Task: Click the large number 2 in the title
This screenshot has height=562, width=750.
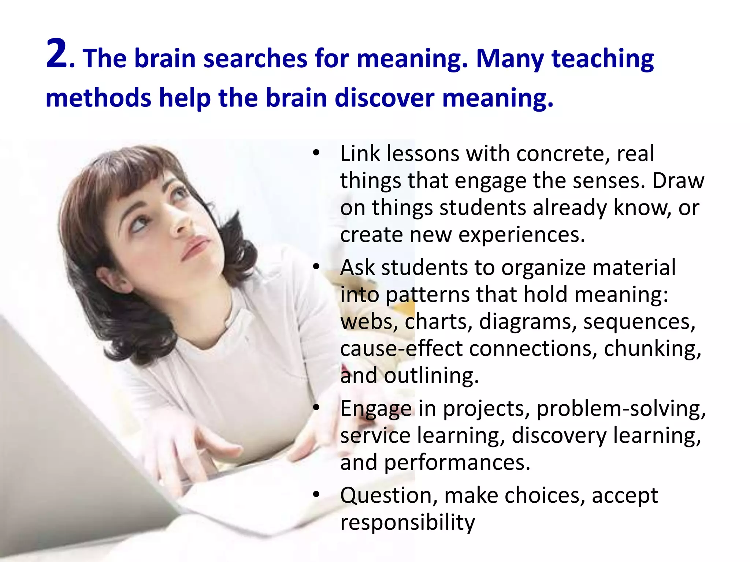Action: [57, 54]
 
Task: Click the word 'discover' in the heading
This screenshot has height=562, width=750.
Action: [385, 98]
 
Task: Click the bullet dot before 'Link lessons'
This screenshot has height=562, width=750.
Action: [316, 153]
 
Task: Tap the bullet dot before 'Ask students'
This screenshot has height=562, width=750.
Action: [316, 267]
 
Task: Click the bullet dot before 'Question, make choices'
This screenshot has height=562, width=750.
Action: [316, 495]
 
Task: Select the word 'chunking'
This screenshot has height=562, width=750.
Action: [652, 349]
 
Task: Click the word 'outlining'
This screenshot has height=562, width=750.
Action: [431, 376]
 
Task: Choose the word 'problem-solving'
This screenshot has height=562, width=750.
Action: [621, 409]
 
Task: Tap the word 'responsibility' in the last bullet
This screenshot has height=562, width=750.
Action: [407, 522]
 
